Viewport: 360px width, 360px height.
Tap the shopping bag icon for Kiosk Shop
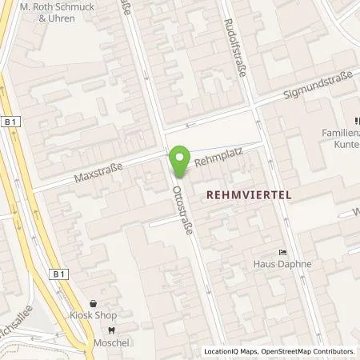[x=95, y=305]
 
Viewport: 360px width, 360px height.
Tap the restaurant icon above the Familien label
[x=354, y=121]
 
